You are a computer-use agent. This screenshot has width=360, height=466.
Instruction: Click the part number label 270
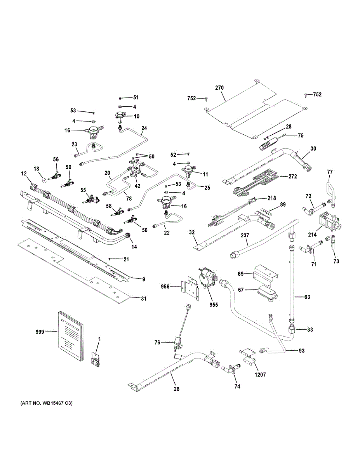click(219, 88)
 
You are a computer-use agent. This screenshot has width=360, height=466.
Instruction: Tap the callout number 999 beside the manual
click(40, 332)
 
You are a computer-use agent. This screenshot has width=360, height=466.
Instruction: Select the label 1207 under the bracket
click(261, 375)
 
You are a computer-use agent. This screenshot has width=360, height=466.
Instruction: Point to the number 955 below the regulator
click(214, 305)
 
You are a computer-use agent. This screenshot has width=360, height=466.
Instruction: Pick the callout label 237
click(245, 235)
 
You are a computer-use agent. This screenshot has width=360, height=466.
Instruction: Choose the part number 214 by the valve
click(312, 235)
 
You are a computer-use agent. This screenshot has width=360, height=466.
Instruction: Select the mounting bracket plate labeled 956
click(191, 288)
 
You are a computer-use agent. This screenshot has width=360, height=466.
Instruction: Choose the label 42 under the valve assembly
click(137, 186)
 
